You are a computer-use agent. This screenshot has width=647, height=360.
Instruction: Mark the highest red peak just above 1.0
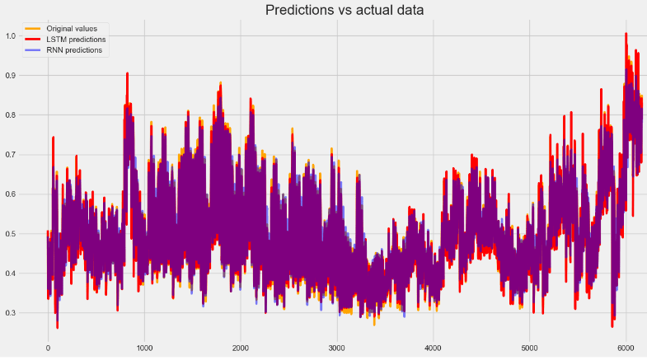[626, 34]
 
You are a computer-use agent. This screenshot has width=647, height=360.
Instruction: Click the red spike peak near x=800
[127, 73]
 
